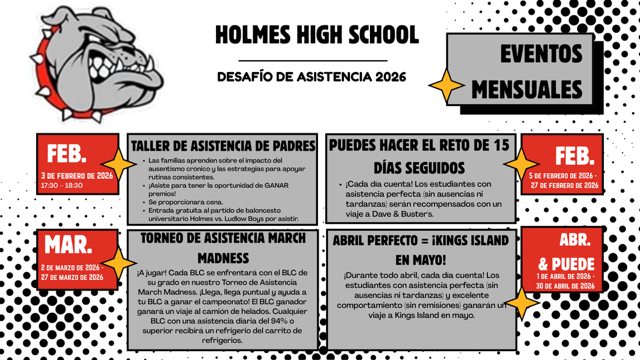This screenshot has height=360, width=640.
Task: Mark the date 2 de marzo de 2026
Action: [72, 268]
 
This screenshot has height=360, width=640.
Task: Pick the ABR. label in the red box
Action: [574, 241]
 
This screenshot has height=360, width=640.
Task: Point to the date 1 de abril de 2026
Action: [566, 276]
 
